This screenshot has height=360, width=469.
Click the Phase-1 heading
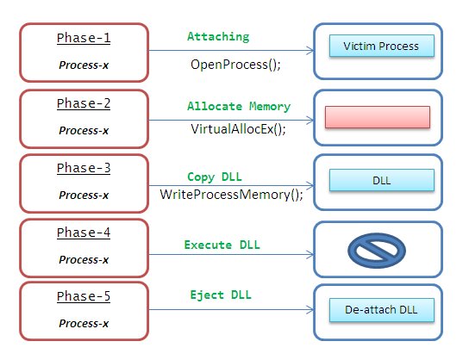click(84, 38)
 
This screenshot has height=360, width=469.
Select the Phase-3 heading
click(84, 168)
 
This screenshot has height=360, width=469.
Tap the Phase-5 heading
click(84, 296)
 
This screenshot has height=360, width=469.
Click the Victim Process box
click(382, 46)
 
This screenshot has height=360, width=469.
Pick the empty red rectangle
click(378, 117)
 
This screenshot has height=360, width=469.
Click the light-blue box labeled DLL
click(382, 180)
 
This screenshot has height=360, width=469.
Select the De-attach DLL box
click(382, 310)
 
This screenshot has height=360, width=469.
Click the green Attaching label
click(218, 37)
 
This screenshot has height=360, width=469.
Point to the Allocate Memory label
click(239, 106)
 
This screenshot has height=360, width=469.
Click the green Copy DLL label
click(215, 177)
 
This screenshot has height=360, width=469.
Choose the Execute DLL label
click(222, 245)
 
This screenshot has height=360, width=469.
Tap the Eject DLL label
click(221, 295)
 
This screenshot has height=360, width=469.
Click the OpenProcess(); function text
click(235, 65)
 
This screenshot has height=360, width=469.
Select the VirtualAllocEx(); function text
click(238, 129)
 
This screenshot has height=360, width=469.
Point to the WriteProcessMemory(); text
click(231, 195)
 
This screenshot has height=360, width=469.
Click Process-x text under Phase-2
click(84, 131)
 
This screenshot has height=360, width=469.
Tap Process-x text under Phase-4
click(84, 259)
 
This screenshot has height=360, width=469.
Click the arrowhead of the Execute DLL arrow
click(312, 255)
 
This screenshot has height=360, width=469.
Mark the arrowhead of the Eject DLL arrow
click(312, 309)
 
